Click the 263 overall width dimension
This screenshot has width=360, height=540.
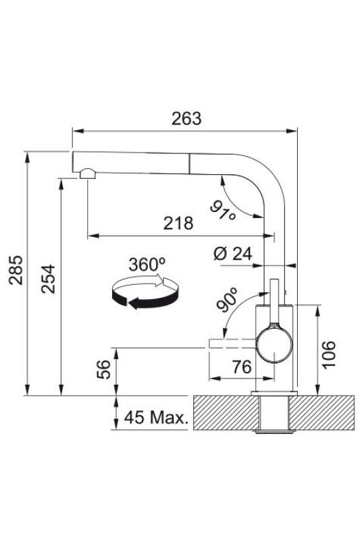(x=186, y=118)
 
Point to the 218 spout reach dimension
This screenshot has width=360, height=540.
(x=179, y=223)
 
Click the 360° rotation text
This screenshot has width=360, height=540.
(x=147, y=264)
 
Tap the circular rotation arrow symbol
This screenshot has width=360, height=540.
(x=143, y=292)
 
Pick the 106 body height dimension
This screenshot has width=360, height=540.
(x=328, y=352)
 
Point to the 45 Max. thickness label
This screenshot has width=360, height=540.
(x=155, y=419)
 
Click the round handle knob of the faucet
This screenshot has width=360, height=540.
(x=275, y=345)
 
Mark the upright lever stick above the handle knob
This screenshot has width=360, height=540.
(x=274, y=301)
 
